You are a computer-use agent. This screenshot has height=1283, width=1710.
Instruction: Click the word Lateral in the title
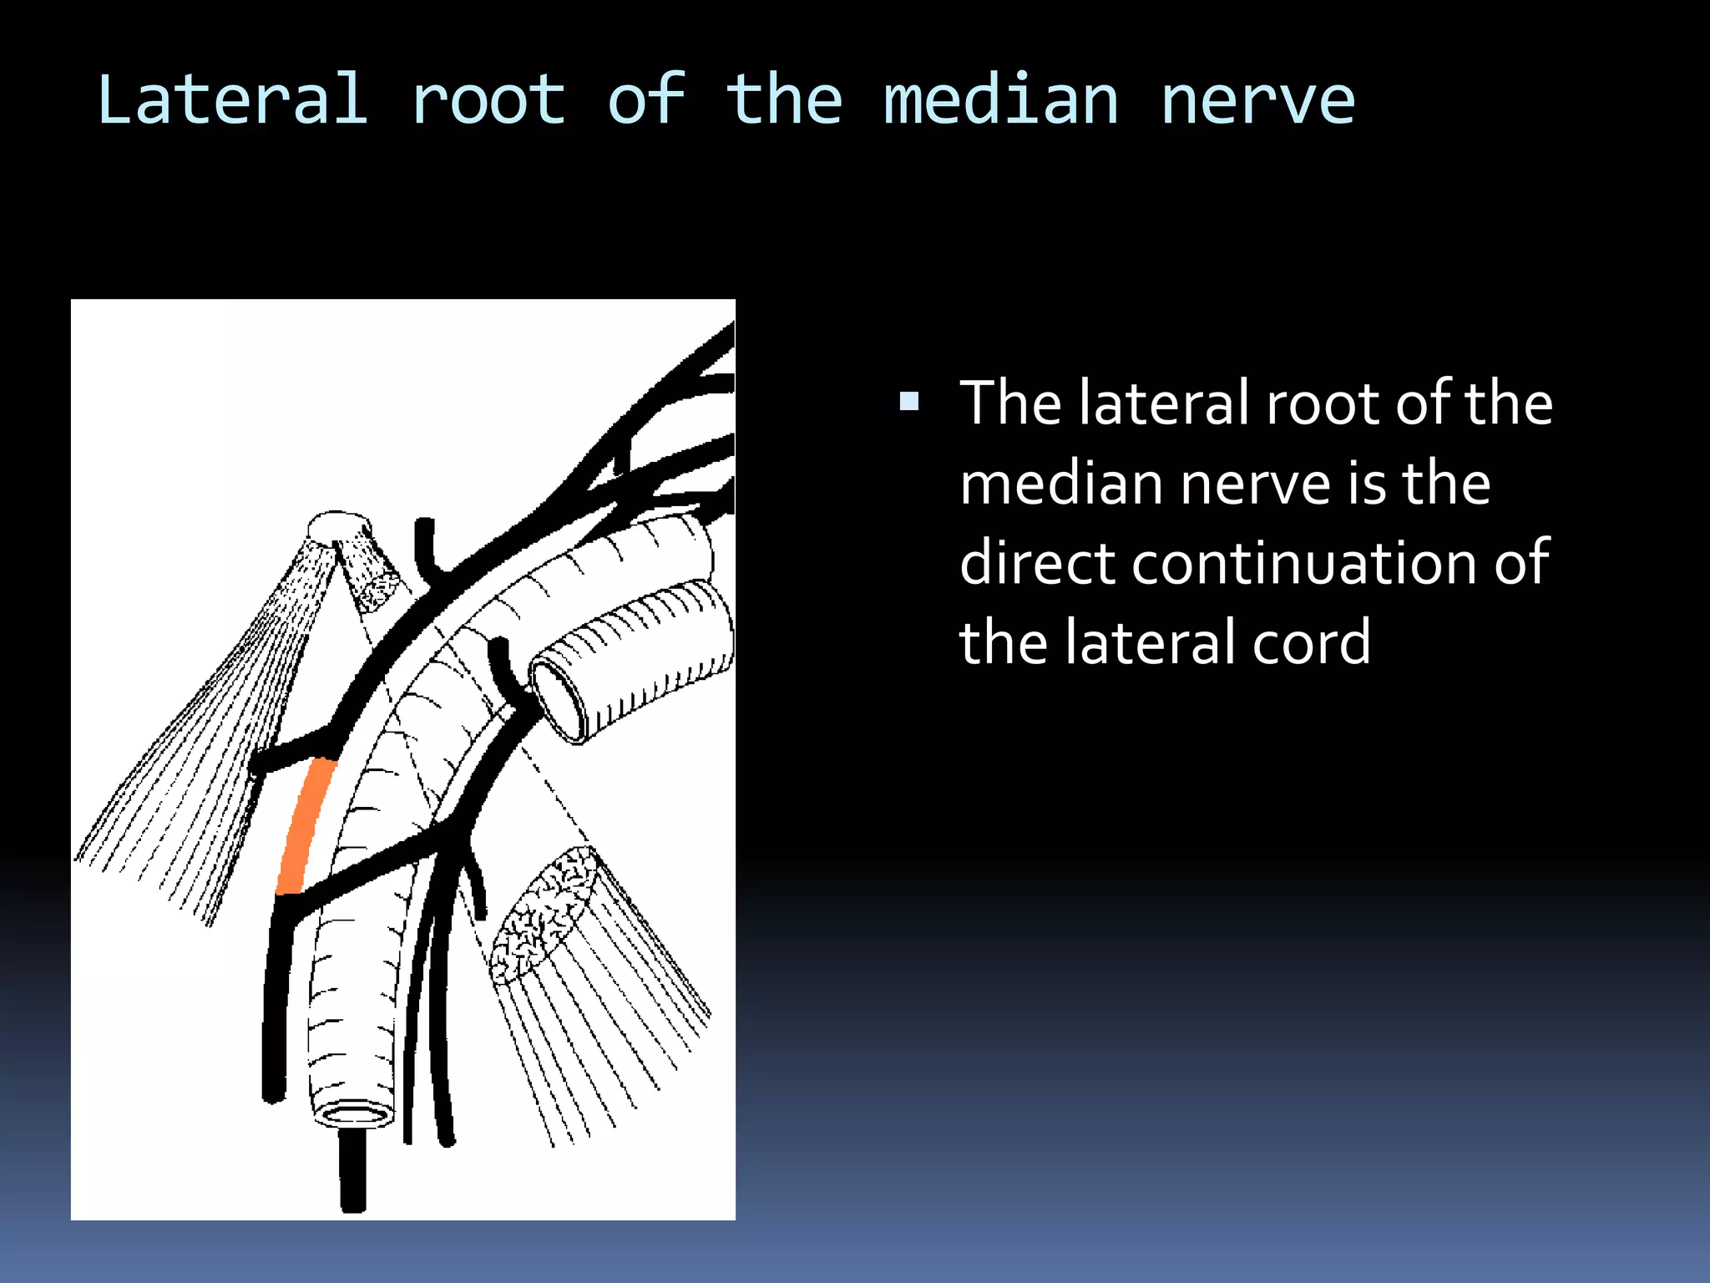[x=232, y=100]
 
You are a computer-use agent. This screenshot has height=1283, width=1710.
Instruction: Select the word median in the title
[x=1000, y=100]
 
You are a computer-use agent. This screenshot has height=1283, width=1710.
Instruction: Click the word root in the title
[x=488, y=100]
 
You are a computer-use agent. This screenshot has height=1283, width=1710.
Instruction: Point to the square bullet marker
[x=909, y=403]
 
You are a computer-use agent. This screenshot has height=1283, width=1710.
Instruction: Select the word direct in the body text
[x=1038, y=562]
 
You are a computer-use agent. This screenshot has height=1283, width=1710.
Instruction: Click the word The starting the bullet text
[x=1011, y=403]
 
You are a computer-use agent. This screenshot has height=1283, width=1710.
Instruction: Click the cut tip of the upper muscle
[x=337, y=525]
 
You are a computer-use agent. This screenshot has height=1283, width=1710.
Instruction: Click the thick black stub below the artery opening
[x=353, y=1169]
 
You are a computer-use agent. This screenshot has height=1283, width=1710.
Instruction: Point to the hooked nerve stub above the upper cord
[x=427, y=547]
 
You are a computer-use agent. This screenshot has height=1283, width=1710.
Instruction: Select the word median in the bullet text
[x=1063, y=483]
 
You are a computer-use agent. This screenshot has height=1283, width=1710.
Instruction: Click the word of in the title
[x=646, y=100]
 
